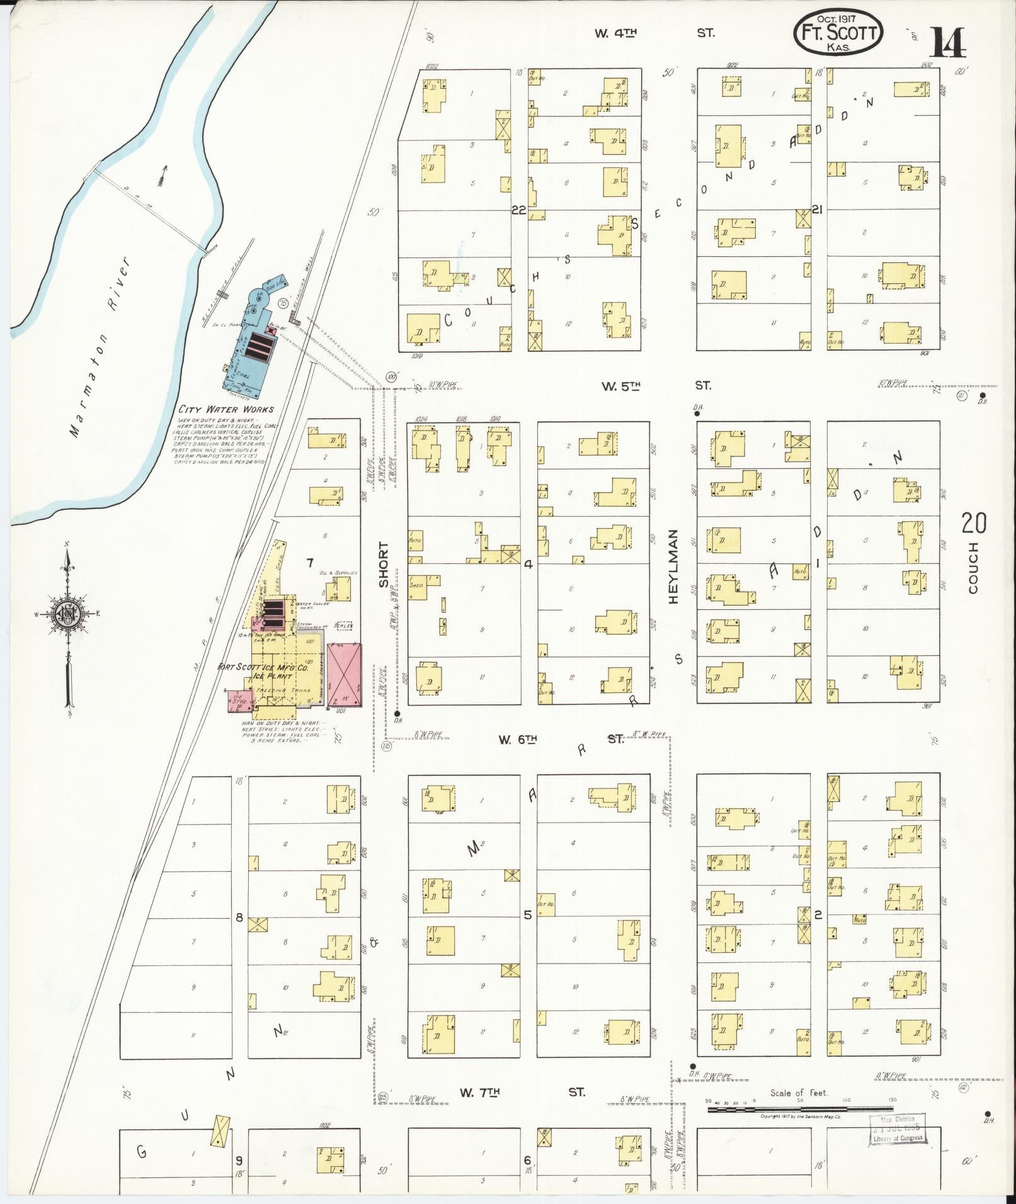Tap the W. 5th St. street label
tap(655, 386)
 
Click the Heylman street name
tap(673, 566)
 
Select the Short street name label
tap(384, 565)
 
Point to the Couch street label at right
tap(973, 568)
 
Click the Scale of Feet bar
tap(800, 669)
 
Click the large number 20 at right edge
tap(974, 524)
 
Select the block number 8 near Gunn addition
tap(239, 918)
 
